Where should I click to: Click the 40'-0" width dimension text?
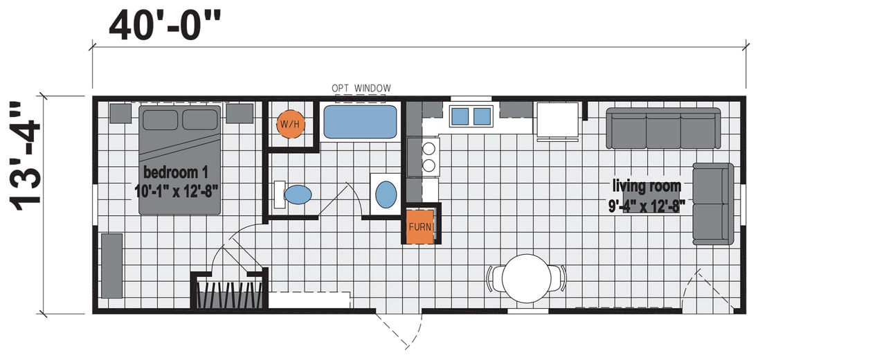click(x=165, y=26)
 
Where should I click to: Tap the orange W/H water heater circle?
click(x=290, y=124)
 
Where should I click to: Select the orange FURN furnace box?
click(x=420, y=226)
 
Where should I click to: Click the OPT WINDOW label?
click(x=361, y=88)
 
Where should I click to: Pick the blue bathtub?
click(x=360, y=122)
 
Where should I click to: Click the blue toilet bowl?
click(x=298, y=195)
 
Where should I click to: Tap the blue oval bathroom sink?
click(x=386, y=195)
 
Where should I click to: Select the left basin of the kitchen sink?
click(x=460, y=116)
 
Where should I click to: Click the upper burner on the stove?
click(x=428, y=149)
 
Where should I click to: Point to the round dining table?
click(x=527, y=278)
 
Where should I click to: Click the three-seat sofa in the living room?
click(x=663, y=128)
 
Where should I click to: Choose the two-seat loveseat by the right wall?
click(x=713, y=204)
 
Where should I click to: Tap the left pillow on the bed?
click(x=160, y=120)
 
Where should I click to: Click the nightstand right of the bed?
click(x=239, y=114)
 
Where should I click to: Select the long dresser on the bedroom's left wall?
click(x=112, y=266)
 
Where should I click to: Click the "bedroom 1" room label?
click(x=176, y=172)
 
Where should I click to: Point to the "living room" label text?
click(x=647, y=186)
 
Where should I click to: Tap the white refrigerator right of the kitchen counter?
click(x=558, y=120)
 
